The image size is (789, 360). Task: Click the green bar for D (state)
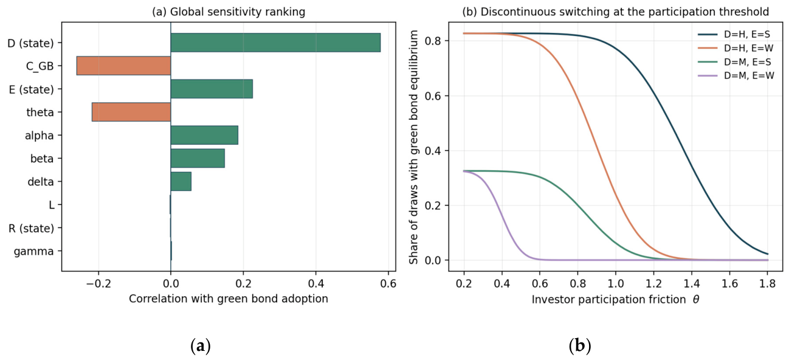click(x=275, y=43)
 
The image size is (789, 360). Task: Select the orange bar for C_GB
click(x=123, y=66)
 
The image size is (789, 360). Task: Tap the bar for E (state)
click(x=212, y=89)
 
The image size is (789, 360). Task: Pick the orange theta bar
click(x=131, y=112)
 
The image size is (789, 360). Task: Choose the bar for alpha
click(x=204, y=135)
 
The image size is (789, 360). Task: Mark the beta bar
click(x=198, y=158)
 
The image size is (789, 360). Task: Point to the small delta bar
click(x=181, y=181)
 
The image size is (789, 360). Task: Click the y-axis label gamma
click(x=34, y=251)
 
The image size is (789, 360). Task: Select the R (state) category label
click(x=32, y=228)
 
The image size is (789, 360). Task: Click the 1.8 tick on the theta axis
click(x=768, y=283)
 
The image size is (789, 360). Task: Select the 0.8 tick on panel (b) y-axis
click(x=433, y=41)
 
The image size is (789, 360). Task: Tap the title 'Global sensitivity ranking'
click(x=238, y=12)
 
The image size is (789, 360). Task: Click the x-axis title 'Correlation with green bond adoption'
click(x=228, y=299)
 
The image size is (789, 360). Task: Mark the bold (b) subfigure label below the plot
click(x=580, y=346)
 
